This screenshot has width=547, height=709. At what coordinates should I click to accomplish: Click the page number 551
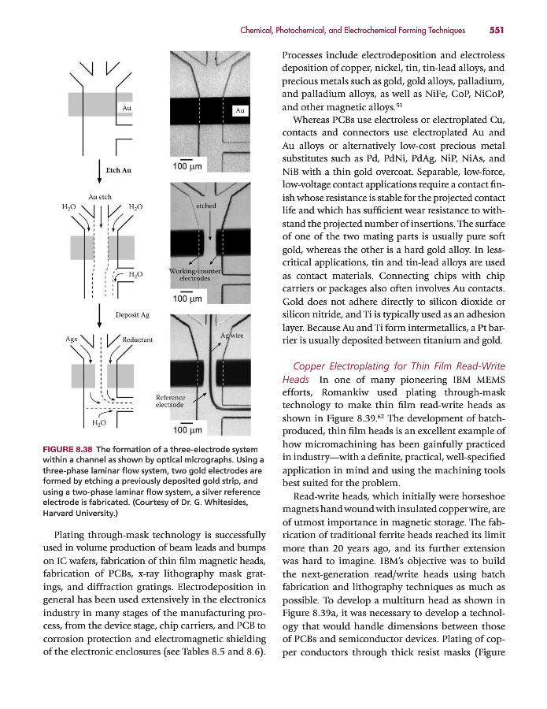click(496, 31)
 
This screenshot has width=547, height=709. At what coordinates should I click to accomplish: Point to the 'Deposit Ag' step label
click(132, 315)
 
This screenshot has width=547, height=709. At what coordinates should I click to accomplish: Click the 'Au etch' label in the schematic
click(99, 196)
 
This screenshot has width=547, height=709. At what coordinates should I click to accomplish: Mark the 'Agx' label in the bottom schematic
click(72, 340)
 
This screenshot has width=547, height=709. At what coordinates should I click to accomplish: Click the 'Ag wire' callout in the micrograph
click(232, 336)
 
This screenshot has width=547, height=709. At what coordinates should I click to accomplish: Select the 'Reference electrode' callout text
click(170, 402)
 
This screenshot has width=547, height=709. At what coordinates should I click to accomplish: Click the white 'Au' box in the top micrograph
click(241, 111)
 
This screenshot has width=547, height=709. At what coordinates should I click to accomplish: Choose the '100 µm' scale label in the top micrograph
click(188, 167)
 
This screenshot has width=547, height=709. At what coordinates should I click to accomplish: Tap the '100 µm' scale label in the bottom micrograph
click(188, 430)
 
